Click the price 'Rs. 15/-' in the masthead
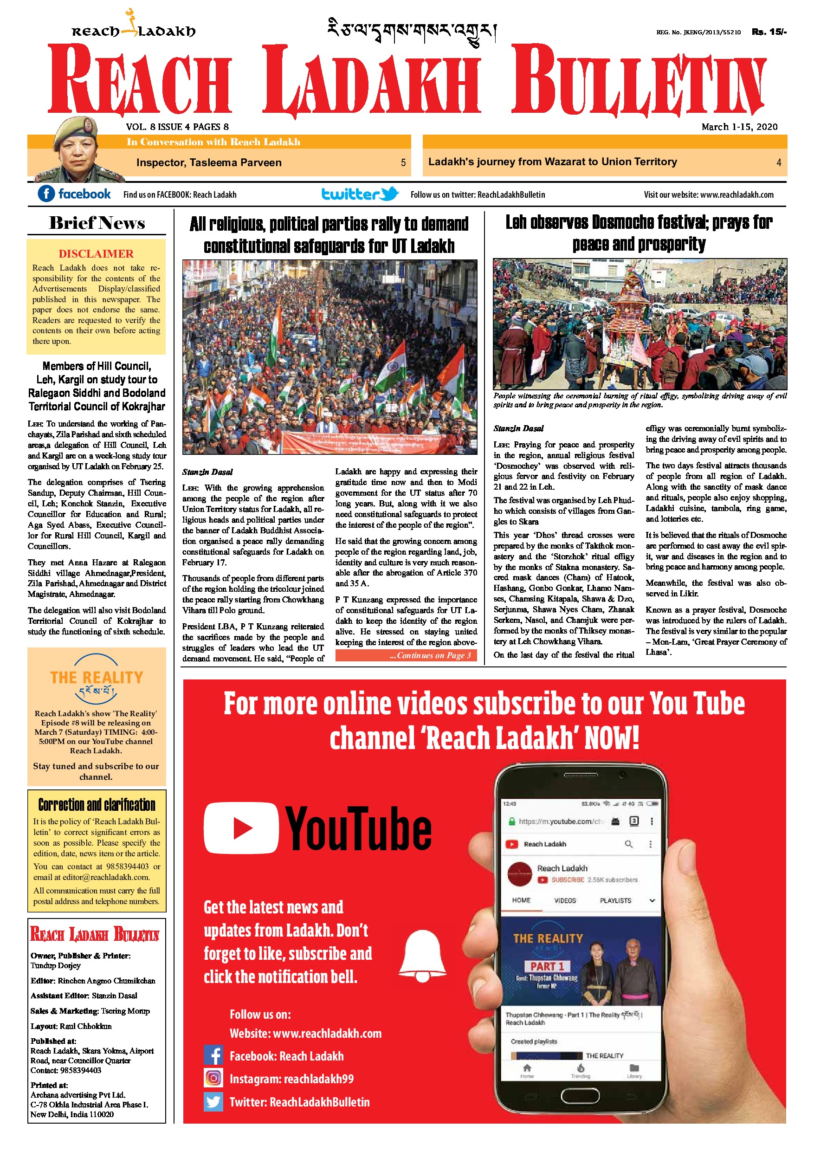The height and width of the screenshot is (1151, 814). [x=769, y=32]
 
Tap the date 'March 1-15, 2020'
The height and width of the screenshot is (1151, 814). [x=739, y=127]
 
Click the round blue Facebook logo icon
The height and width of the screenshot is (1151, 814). [x=46, y=194]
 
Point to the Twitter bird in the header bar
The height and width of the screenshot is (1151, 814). [x=389, y=194]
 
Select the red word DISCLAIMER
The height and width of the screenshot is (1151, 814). [x=96, y=254]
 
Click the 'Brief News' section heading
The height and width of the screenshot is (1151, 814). [x=97, y=223]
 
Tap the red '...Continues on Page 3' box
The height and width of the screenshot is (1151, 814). [x=406, y=655]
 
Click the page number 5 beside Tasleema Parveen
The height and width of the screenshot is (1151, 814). [x=403, y=162]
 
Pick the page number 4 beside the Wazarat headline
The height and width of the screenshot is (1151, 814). [x=778, y=162]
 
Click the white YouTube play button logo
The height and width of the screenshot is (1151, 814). [x=241, y=828]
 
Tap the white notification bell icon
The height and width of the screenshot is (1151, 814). [x=422, y=955]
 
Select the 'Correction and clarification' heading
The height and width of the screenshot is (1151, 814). [x=97, y=805]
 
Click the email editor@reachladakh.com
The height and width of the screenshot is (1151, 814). [x=106, y=877]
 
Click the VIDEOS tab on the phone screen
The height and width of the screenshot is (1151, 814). [x=565, y=900]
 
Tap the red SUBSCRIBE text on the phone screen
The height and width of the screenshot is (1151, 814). [x=568, y=880]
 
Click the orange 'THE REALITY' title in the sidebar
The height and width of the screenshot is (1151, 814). [x=97, y=678]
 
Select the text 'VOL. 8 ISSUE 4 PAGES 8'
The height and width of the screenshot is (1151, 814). [x=177, y=127]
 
